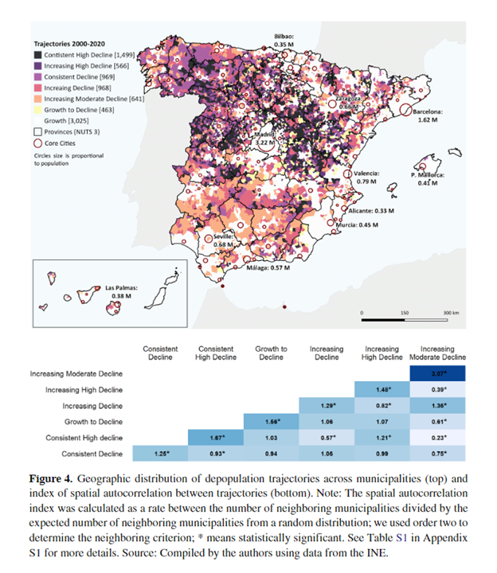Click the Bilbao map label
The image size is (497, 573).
point(284,41)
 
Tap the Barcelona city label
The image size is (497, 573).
point(433,116)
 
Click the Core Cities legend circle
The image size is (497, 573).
point(38,142)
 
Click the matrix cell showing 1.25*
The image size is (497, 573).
point(159,454)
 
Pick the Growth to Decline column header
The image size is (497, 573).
point(271,353)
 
